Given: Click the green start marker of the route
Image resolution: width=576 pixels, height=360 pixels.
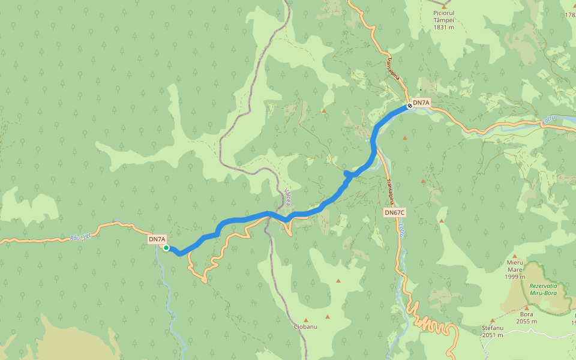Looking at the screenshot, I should click(166, 248).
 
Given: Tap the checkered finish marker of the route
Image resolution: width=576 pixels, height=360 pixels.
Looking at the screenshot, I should click(409, 106).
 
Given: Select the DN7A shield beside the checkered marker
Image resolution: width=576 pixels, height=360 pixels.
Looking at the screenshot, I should click(422, 103).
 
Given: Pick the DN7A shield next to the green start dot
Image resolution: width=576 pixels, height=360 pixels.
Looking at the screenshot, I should click(157, 239).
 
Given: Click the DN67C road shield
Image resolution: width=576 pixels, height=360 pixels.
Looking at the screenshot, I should click(395, 212).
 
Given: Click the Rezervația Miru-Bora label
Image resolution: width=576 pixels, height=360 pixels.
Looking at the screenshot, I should click(547, 289).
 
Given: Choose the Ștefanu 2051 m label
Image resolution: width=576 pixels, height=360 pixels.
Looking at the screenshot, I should click(493, 331).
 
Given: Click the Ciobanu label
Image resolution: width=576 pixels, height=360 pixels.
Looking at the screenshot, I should click(305, 326).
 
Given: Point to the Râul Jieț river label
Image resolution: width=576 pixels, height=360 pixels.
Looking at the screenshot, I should click(80, 237).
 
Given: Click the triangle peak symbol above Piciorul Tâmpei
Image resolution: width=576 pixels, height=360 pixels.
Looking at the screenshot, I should click(444, 6).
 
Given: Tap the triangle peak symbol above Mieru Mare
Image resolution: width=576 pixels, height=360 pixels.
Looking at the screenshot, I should click(514, 256).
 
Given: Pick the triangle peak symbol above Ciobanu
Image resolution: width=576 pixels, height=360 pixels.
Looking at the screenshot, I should click(305, 320).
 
